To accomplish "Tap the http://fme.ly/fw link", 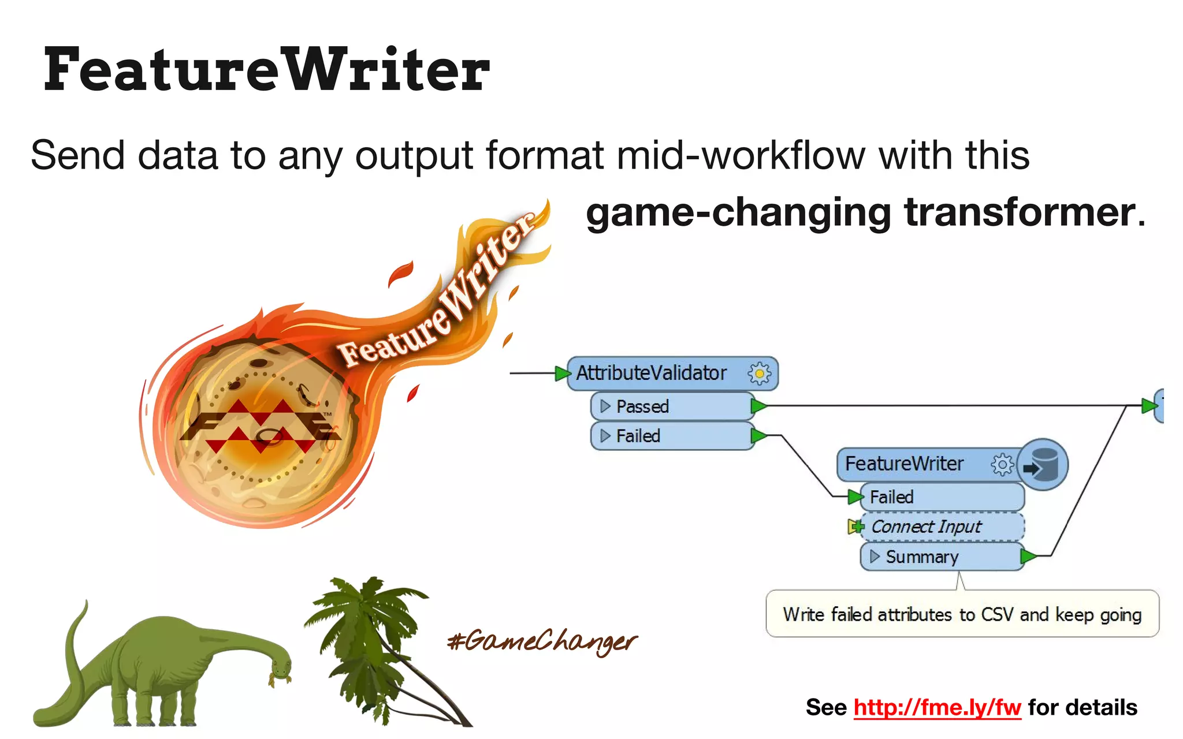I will tap(937, 707).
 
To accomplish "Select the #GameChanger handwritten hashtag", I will tap(542, 641).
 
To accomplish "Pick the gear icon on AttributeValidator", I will tap(759, 374).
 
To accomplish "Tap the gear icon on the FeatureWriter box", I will tap(1002, 464).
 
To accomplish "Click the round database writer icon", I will tap(1043, 464).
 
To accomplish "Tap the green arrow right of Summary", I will tap(1028, 557).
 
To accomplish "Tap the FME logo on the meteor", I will tap(260, 426).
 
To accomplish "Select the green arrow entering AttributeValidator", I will tap(561, 374).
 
